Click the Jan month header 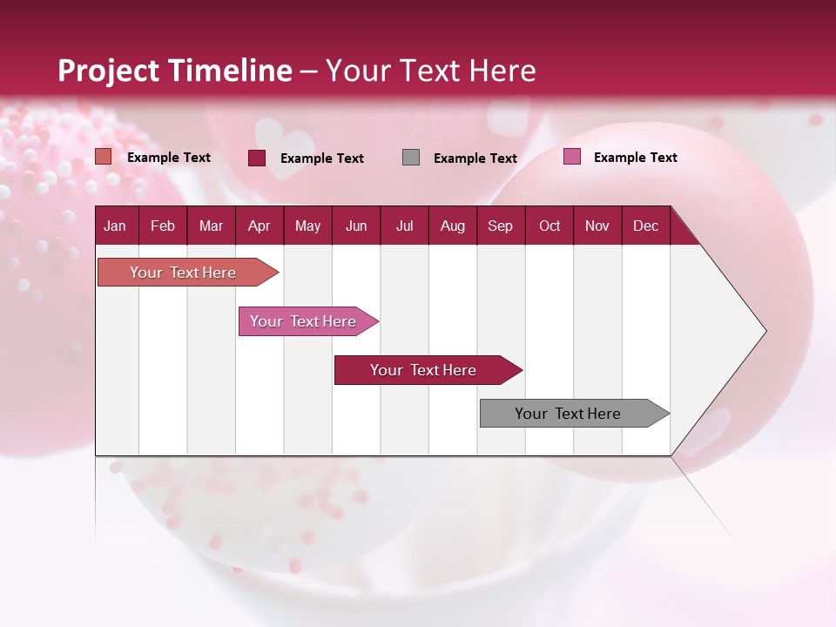(x=115, y=226)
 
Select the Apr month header (x=259, y=226)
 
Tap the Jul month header (x=404, y=226)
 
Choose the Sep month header (x=500, y=226)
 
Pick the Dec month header (x=645, y=226)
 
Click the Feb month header (x=163, y=226)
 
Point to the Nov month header (x=597, y=226)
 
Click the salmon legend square (x=104, y=157)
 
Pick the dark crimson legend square (x=257, y=158)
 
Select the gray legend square (x=411, y=158)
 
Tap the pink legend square (x=571, y=157)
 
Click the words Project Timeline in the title (x=175, y=71)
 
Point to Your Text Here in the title (x=431, y=71)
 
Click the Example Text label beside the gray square (x=475, y=158)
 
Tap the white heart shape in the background (x=284, y=138)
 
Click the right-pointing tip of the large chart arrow (x=761, y=331)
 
